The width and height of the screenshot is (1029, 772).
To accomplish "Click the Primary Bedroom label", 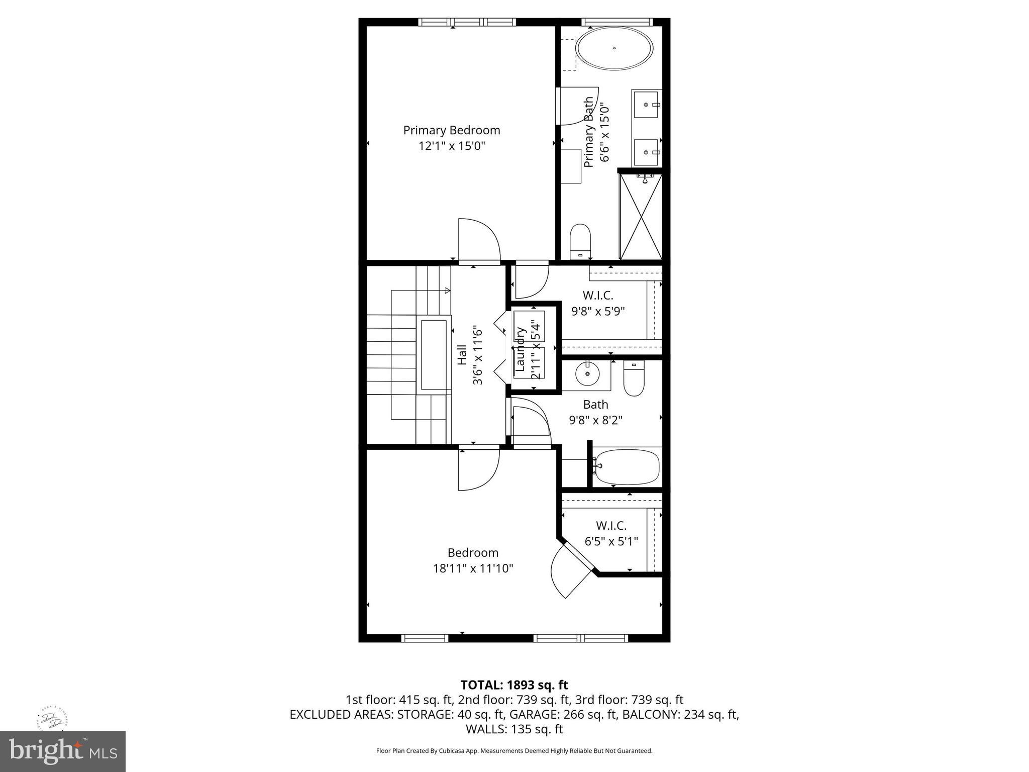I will point(452,130).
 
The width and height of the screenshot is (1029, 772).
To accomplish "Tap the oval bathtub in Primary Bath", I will point(614,49).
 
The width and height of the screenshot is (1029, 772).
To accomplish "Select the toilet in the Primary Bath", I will point(580,241).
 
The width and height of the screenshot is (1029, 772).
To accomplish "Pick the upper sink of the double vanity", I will point(646,104).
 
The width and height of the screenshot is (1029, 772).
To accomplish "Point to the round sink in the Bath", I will point(587,374).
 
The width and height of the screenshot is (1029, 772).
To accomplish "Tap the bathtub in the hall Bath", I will point(627,467).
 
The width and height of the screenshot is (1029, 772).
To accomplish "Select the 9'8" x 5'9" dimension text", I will point(598,311).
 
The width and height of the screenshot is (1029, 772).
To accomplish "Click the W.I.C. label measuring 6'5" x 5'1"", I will point(611,526).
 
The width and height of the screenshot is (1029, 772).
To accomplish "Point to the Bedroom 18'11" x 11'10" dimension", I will point(473,568).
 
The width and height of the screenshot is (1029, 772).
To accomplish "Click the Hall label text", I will point(462,354).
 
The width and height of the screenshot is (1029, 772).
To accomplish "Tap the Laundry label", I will point(521,349).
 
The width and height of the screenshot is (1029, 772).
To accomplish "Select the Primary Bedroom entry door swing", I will point(479,240).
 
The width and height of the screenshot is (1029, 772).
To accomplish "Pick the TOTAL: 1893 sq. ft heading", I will point(514,685).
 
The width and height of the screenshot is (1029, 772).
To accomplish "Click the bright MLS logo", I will point(63,751).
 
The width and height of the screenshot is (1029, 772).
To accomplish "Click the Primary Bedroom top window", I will point(467,22).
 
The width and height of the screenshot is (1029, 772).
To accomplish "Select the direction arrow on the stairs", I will point(447,290).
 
